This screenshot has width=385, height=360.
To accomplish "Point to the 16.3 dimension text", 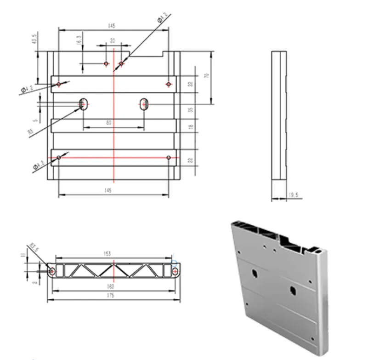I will point(79,40).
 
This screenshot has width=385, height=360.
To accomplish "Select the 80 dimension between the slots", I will point(108,123).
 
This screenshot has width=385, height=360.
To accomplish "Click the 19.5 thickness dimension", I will point(293,196).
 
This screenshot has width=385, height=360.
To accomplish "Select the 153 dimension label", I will point(108,254).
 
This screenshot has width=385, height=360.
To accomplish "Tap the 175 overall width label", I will point(110,296).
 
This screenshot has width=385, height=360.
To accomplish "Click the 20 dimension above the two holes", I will point(113,40).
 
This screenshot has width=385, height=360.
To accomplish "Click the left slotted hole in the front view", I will point(84,104).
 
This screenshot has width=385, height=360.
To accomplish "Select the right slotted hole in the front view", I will point(144,104).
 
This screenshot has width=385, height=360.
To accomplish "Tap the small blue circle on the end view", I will point(174,263).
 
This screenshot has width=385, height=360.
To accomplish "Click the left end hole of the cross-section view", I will point(52,272).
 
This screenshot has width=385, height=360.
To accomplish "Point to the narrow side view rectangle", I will point(278,115).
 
